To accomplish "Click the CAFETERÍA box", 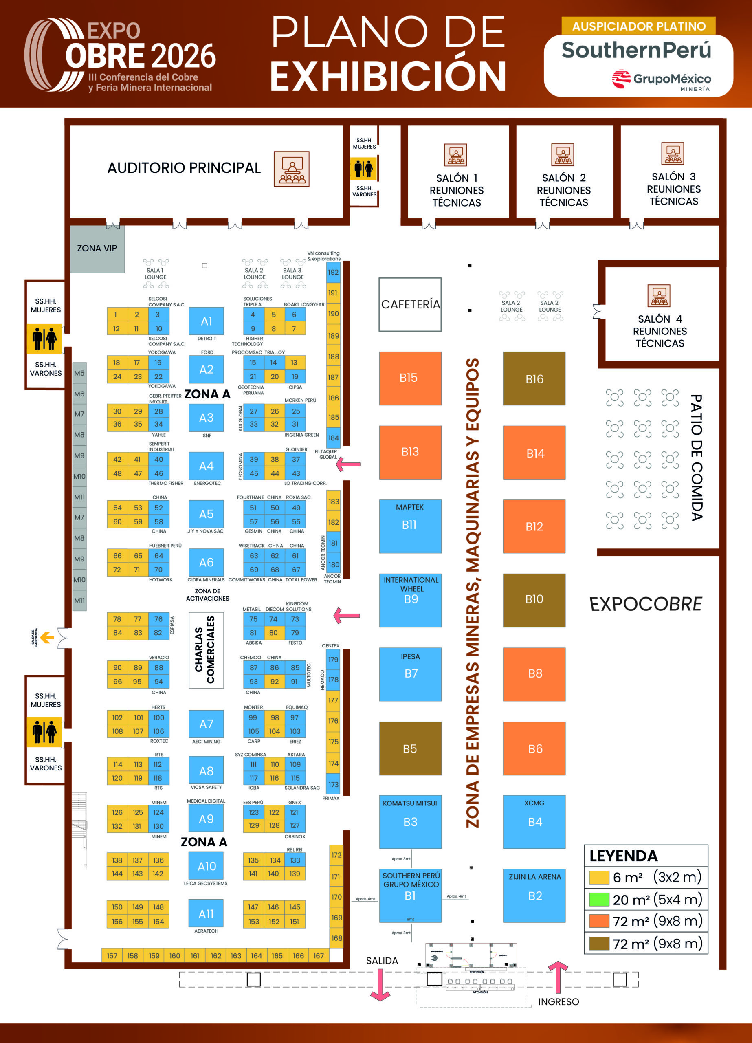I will click(x=410, y=304).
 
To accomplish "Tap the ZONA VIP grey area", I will click(x=97, y=249).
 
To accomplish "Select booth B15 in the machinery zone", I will click(x=410, y=378).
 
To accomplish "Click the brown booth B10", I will click(x=534, y=600).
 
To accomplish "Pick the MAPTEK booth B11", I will click(x=410, y=526).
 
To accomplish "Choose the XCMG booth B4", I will click(x=534, y=821).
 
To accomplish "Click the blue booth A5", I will click(x=206, y=514).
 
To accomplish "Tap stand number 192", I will click(x=333, y=272).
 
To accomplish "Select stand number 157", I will click(x=112, y=956).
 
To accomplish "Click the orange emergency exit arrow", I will click(x=47, y=637).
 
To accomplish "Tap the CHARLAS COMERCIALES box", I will click(x=206, y=650).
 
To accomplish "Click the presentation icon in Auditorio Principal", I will click(x=291, y=169).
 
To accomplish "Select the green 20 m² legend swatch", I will click(x=599, y=899).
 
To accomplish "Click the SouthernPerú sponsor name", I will click(x=636, y=50).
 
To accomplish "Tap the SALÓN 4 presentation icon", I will click(x=659, y=295).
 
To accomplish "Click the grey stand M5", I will click(x=79, y=373).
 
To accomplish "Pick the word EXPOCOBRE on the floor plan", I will click(x=645, y=604).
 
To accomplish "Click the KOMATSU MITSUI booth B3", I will click(x=410, y=821).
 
